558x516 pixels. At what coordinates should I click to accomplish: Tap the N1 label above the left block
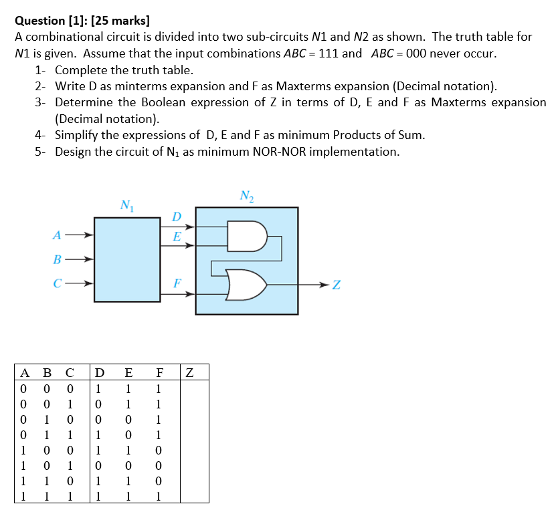(125, 205)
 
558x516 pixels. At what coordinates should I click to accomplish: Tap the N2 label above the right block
(246, 196)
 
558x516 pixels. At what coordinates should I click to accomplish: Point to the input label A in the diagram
(57, 235)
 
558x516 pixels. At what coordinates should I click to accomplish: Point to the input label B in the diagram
(57, 259)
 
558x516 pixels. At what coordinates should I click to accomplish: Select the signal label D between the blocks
(176, 217)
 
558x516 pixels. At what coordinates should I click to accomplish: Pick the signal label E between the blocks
(177, 237)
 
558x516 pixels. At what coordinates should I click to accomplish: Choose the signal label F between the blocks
(177, 282)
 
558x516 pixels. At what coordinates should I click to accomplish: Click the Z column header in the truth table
(189, 372)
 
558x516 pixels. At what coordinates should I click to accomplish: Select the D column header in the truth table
(99, 372)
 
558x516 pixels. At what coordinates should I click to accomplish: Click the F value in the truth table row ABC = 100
(158, 450)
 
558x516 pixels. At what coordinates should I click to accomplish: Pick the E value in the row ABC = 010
(128, 419)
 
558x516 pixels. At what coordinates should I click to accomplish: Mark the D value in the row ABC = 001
(99, 404)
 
